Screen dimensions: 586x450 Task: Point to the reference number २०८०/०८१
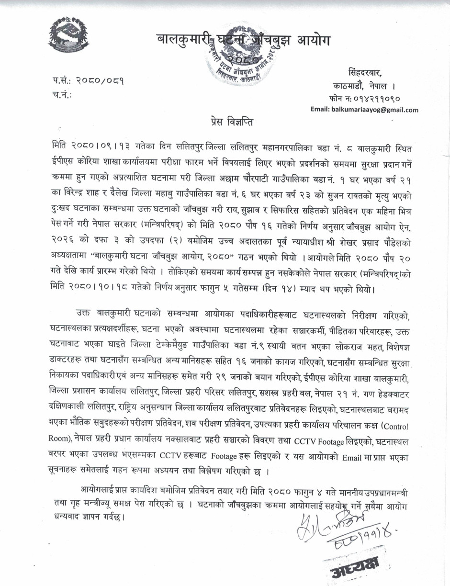pos(102,80)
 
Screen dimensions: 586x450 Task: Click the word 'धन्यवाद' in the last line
pos(70,518)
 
